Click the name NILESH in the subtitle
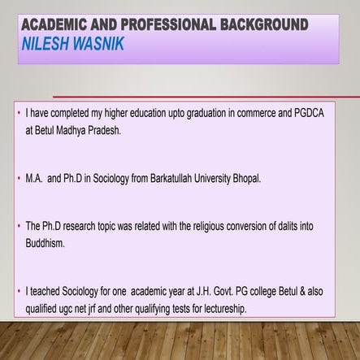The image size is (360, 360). [x=47, y=39]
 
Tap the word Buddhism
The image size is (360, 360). [x=50, y=241]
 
